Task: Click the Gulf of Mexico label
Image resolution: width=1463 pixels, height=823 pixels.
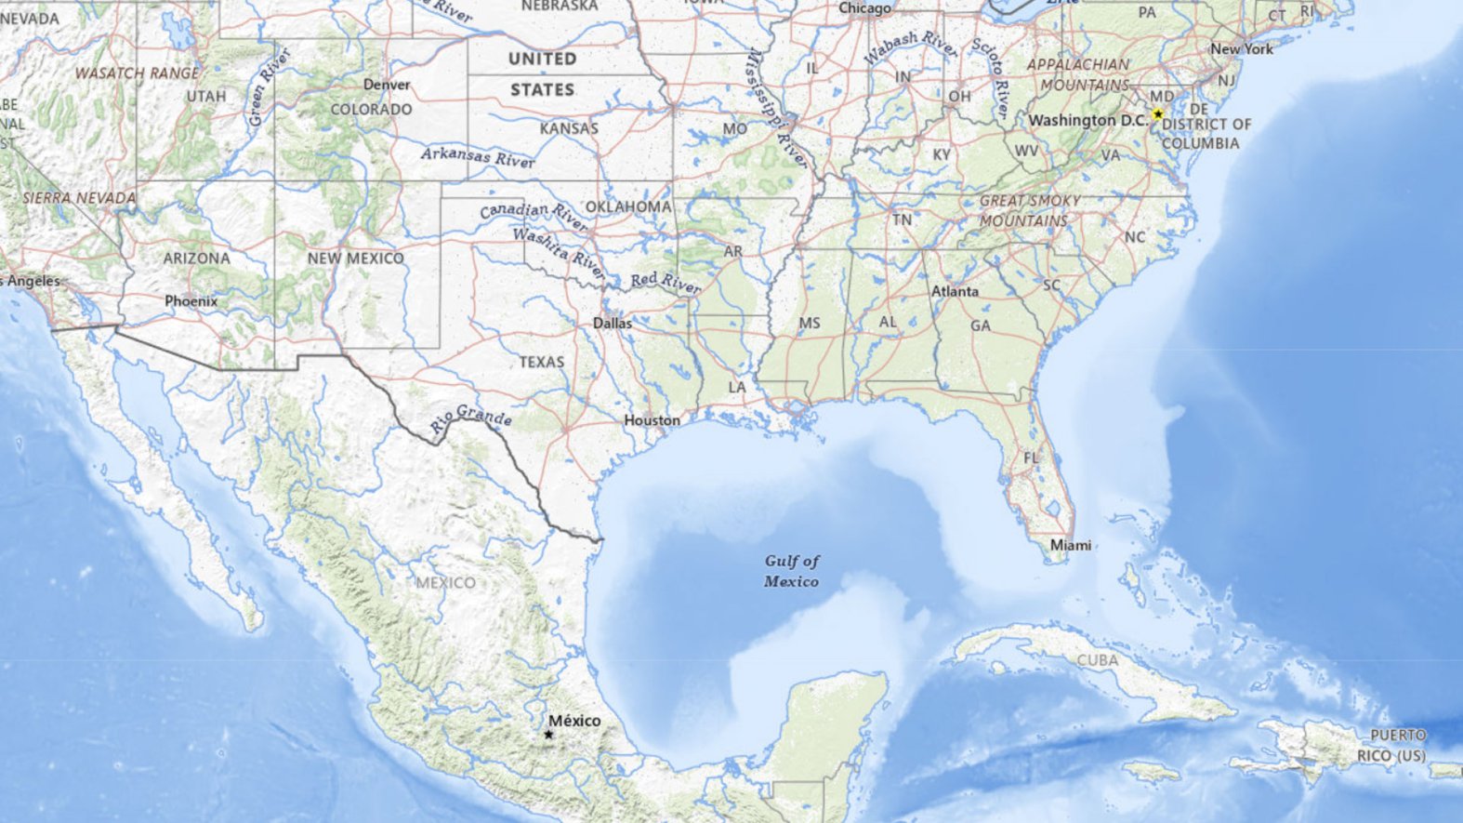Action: click(x=792, y=571)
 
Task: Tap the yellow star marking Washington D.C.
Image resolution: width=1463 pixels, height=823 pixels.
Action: click(x=1157, y=114)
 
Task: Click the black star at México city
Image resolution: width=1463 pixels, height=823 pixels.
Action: click(x=548, y=735)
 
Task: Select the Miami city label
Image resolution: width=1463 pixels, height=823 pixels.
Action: click(x=1070, y=545)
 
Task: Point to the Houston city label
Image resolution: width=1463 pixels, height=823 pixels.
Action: click(x=652, y=420)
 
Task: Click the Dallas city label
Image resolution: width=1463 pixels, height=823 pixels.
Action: click(x=613, y=324)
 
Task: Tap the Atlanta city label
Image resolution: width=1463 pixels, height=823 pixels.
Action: click(x=955, y=291)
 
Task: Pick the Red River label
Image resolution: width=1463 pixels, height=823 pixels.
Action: click(x=666, y=283)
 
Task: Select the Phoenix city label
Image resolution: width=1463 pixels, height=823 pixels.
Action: click(x=191, y=301)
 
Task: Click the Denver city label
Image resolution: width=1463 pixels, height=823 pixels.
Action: click(x=387, y=85)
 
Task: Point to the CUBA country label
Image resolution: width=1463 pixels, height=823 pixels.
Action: click(x=1098, y=660)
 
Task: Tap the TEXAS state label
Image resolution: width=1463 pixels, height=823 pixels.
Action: click(x=542, y=361)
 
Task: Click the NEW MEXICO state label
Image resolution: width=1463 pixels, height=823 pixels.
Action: click(x=356, y=258)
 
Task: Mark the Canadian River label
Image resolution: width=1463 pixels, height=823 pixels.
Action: click(x=534, y=216)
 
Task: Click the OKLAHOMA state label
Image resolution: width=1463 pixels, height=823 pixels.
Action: click(x=628, y=206)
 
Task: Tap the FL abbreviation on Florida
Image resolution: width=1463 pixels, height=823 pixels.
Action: click(x=1031, y=458)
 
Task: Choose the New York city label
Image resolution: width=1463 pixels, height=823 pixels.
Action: click(x=1242, y=48)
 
